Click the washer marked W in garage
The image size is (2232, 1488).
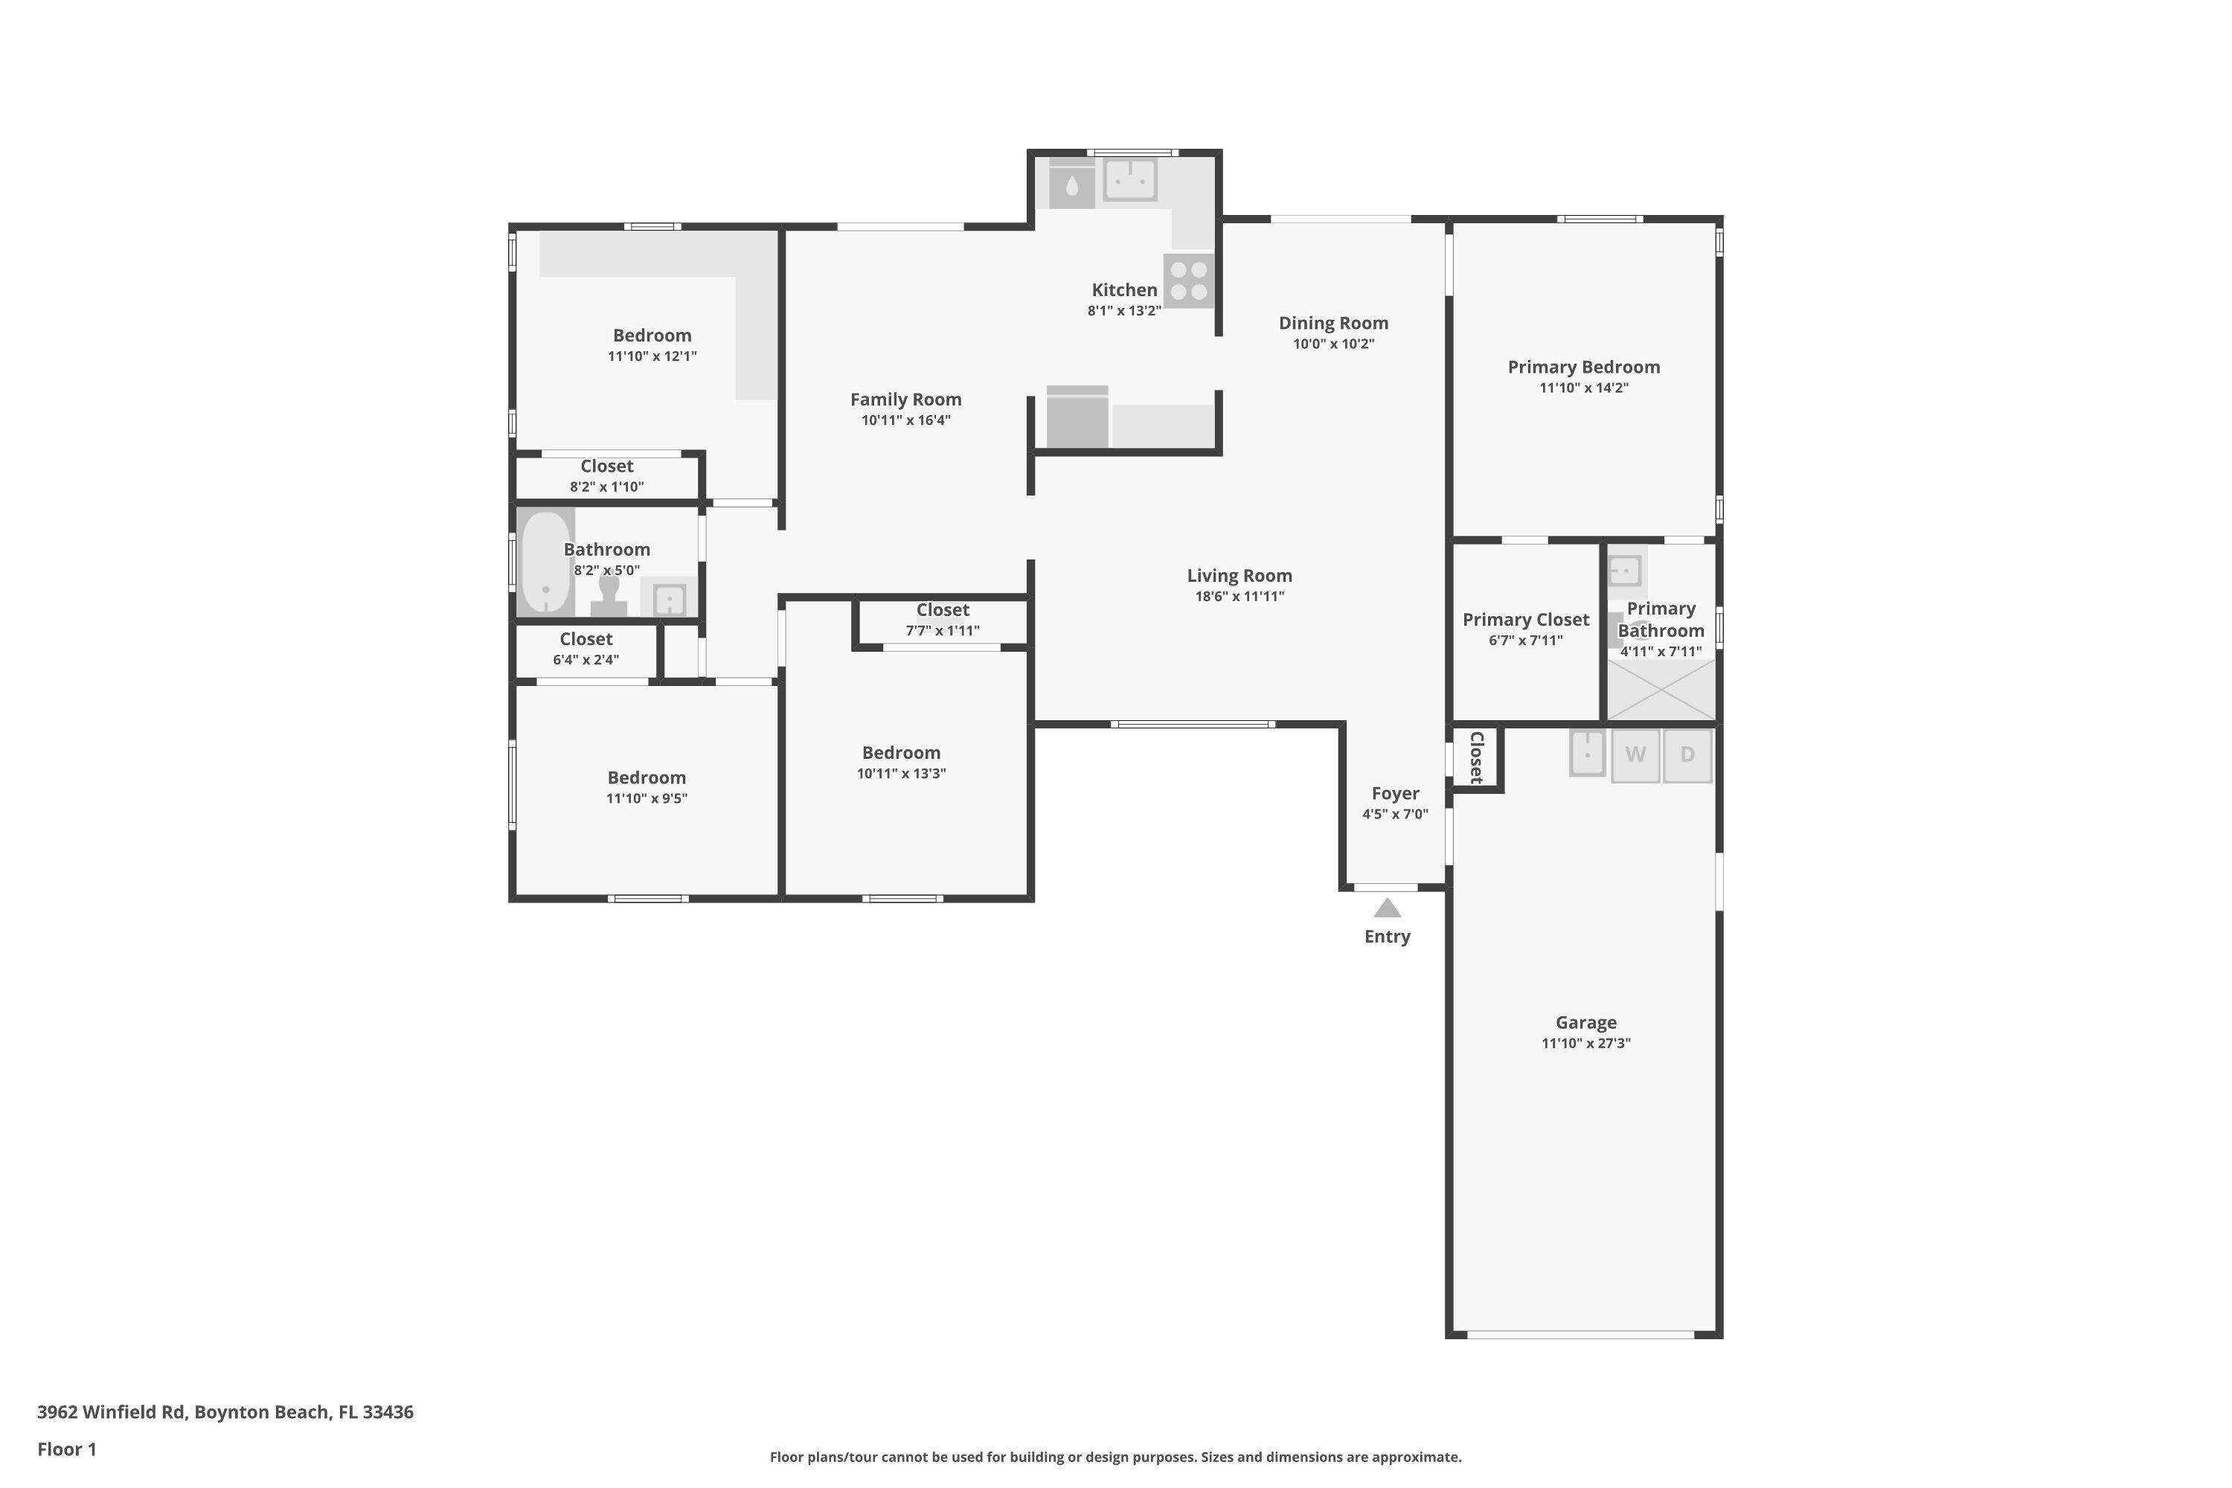click(1635, 755)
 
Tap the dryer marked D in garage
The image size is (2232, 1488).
click(1687, 755)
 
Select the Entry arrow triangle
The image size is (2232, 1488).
click(1388, 908)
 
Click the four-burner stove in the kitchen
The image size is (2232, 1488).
click(1188, 281)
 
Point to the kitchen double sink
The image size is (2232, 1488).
click(1129, 179)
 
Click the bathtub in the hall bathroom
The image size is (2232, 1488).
click(545, 562)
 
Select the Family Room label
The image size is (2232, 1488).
click(905, 400)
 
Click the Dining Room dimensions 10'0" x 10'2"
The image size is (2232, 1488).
click(1333, 344)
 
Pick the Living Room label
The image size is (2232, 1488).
click(1240, 575)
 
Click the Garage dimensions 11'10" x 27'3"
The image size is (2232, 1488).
click(1585, 1043)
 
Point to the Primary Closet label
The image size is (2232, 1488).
click(1525, 620)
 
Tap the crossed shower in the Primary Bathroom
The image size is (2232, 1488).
click(1661, 690)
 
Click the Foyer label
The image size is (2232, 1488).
click(1395, 793)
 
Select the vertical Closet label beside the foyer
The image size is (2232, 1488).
click(1477, 757)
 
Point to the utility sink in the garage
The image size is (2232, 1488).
click(1587, 754)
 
